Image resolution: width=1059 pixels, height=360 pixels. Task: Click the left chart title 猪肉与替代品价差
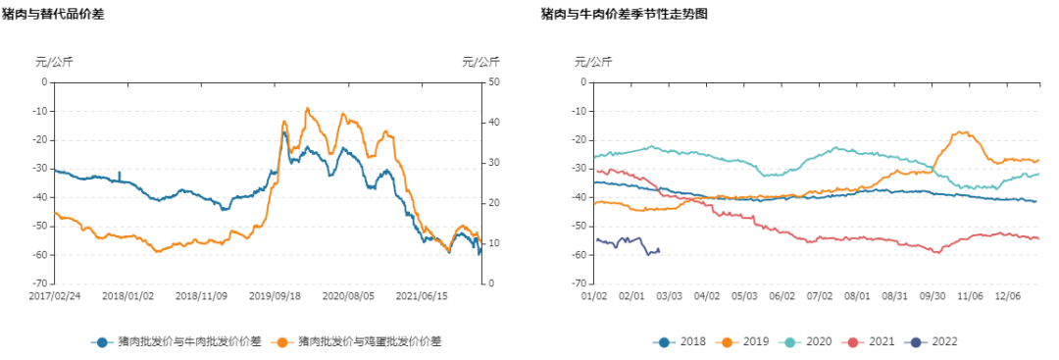point(53,14)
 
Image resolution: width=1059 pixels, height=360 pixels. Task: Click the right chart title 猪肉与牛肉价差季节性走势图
point(624,14)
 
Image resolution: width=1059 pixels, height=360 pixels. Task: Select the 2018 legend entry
point(683,341)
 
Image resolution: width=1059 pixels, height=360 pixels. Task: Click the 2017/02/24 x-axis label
point(55,294)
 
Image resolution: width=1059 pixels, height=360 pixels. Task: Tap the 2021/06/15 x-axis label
point(422,294)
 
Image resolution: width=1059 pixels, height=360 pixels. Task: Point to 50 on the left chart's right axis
point(495,82)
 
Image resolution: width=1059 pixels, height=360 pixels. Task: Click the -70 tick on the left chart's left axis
point(38,283)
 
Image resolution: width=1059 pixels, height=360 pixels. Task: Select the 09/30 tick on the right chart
point(933,294)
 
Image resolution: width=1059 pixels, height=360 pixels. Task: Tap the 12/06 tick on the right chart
point(1008,294)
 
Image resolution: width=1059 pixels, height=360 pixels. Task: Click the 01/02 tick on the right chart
point(595,294)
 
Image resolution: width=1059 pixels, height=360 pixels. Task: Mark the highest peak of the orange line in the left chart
point(307,109)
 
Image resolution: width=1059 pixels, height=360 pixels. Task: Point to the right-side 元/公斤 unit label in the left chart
point(480,62)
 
